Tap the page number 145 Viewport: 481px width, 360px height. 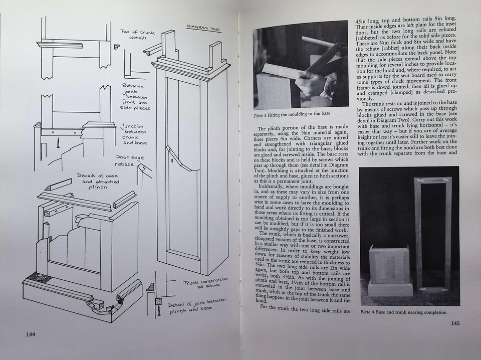tap(455, 323)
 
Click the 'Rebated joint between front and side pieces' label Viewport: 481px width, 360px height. tap(135, 96)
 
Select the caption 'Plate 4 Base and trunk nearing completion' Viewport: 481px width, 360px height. tap(403, 312)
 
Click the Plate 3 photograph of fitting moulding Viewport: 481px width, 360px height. tap(300, 66)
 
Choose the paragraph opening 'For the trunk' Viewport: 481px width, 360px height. tap(301, 307)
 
